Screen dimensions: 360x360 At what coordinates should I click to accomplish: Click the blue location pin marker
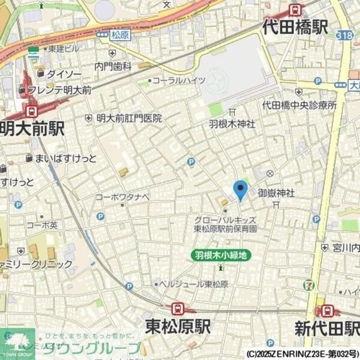tap(241, 190)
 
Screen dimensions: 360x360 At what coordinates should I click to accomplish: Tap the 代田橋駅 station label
tap(295, 27)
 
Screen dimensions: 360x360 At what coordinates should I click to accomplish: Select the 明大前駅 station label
tap(32, 128)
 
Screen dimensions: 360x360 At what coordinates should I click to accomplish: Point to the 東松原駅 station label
tap(178, 326)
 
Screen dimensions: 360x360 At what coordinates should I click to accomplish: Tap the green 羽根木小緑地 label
tap(220, 255)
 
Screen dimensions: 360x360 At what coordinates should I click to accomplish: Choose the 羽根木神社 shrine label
tap(232, 124)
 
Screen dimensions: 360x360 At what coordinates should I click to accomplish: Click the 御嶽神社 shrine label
tap(276, 193)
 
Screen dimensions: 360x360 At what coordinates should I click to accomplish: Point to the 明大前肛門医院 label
tap(129, 118)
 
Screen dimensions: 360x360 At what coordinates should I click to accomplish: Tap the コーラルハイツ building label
tap(179, 80)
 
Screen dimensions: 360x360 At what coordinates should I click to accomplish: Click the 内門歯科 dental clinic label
tap(113, 67)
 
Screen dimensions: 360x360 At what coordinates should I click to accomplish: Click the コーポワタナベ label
tap(123, 196)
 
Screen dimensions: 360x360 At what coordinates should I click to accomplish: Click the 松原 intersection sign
tap(120, 35)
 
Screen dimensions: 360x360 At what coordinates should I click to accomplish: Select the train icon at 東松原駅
tap(177, 308)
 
